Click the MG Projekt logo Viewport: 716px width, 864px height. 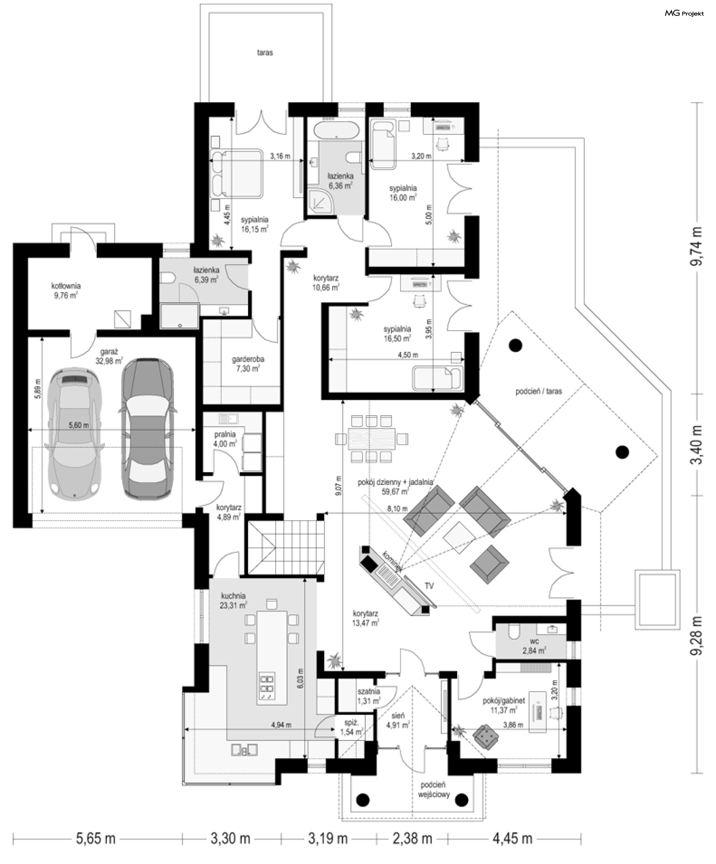(x=684, y=13)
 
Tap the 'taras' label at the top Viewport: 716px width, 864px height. (x=265, y=53)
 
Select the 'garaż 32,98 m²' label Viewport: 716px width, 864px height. (x=109, y=356)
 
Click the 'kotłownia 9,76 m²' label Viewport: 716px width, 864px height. (x=66, y=290)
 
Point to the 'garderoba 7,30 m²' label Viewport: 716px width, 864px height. (x=248, y=364)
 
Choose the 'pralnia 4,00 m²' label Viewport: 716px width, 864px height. (x=225, y=439)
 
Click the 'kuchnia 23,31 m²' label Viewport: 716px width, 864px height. (x=233, y=600)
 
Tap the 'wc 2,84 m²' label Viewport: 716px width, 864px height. (x=534, y=646)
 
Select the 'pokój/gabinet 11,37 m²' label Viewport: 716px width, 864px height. (x=504, y=705)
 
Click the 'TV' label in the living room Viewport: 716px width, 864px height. (x=429, y=586)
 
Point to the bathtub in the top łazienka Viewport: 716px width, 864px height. (x=336, y=130)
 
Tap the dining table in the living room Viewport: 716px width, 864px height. (x=371, y=439)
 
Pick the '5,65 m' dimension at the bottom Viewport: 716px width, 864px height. (x=95, y=839)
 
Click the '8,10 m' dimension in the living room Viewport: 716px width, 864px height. (x=397, y=508)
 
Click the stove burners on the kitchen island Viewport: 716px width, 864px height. (x=268, y=687)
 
